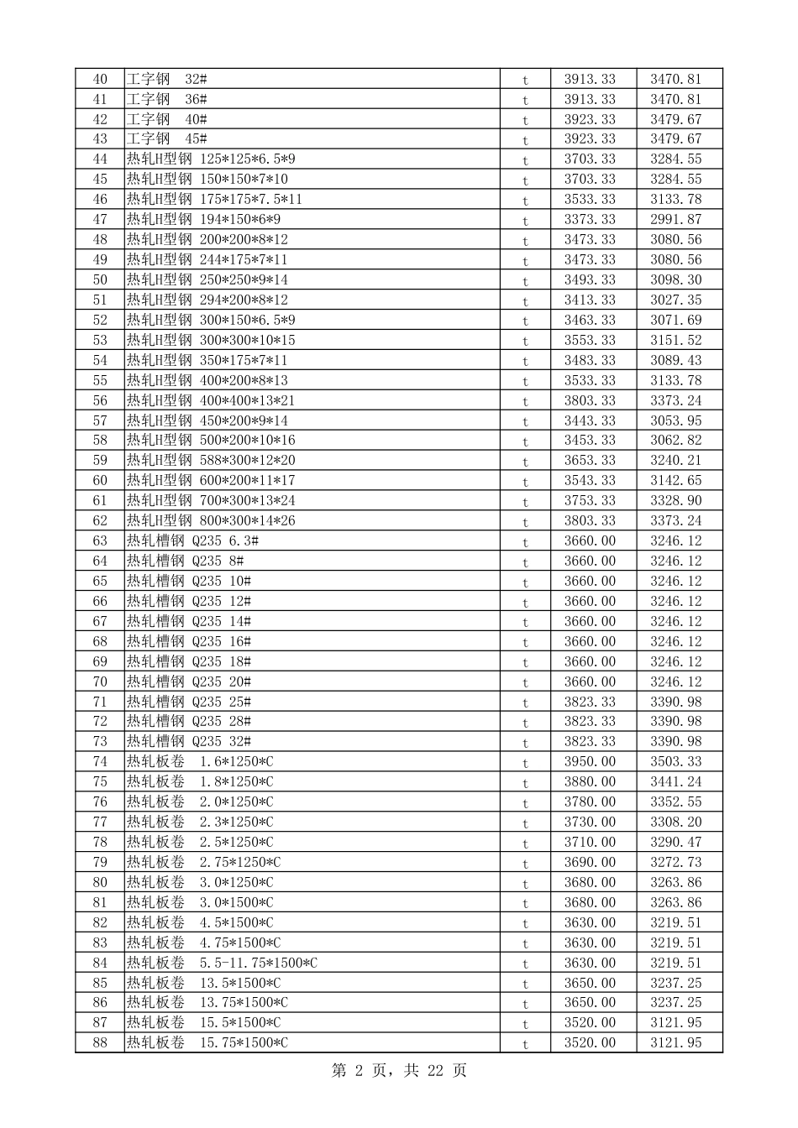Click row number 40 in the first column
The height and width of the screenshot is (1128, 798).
(x=100, y=79)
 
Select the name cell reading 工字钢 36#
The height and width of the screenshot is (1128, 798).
(x=167, y=99)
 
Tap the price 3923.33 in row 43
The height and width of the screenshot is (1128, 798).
(x=590, y=139)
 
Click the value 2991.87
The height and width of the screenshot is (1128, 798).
(x=675, y=219)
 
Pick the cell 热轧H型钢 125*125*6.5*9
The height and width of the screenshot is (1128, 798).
(x=211, y=159)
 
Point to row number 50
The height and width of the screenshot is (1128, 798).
(x=100, y=279)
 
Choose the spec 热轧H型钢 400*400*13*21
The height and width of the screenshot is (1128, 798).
(x=211, y=400)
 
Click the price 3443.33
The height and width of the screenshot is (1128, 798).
(x=590, y=420)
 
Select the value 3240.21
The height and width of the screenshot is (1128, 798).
(x=675, y=461)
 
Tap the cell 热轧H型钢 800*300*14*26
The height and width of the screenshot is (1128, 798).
(x=211, y=520)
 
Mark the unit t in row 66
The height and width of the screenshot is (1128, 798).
(x=526, y=602)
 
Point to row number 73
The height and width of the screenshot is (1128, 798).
(x=100, y=742)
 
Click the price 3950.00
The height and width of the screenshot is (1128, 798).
(x=590, y=762)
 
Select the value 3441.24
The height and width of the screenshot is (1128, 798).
(x=675, y=782)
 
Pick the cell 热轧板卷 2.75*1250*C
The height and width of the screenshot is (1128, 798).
(x=203, y=863)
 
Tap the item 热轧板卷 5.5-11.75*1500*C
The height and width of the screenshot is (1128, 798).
(x=222, y=963)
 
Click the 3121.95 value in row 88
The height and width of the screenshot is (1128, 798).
(x=675, y=1043)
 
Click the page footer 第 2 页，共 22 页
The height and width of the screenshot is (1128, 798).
(x=399, y=1070)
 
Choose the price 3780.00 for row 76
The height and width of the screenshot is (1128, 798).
(x=590, y=802)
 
